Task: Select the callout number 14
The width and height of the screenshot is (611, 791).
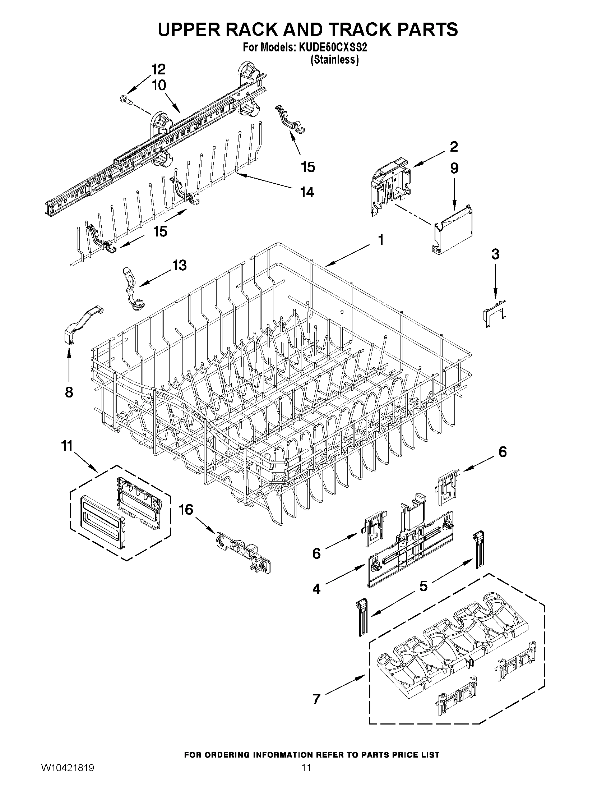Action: coord(307,192)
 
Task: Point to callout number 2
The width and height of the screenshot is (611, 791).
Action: coord(454,147)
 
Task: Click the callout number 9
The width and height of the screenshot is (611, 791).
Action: coord(454,168)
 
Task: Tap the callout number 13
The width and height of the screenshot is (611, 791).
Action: coord(179,265)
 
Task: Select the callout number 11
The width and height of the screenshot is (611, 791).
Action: coord(67,446)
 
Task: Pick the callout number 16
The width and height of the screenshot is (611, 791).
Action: coord(186,510)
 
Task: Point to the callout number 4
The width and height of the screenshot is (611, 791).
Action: coord(316,589)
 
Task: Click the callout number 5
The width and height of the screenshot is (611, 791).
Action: coord(423,586)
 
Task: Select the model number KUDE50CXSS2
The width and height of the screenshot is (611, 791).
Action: coord(332,48)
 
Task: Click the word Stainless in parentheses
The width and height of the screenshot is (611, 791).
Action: coord(334,60)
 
